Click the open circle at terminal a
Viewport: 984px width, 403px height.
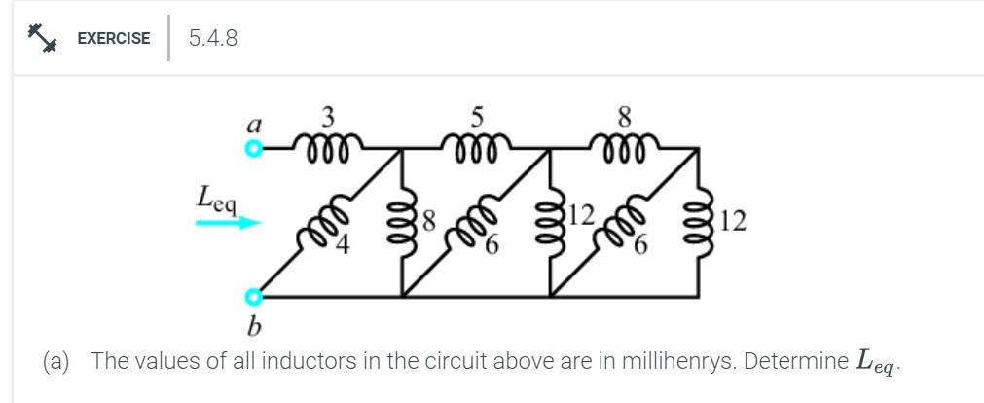pos(253,149)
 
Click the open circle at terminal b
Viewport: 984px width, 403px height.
pos(253,296)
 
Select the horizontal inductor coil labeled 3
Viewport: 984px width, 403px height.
pos(328,149)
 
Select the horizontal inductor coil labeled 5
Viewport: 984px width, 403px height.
pos(476,149)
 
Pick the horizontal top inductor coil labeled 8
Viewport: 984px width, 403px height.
pos(624,149)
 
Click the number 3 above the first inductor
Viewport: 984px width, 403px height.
pos(328,118)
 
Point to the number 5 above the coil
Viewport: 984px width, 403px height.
pos(476,118)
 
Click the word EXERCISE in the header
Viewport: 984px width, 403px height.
pos(114,39)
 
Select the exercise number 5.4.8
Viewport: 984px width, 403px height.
pos(213,38)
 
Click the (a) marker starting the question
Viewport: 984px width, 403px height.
pos(57,361)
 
